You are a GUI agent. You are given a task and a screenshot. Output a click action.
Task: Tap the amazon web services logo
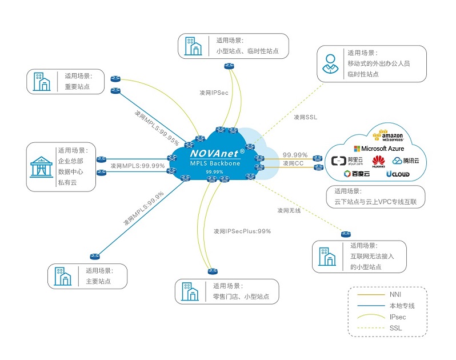[x=388, y=135]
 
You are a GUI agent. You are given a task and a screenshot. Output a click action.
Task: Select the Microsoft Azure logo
[x=379, y=149]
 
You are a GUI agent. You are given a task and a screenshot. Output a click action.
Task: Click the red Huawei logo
[x=378, y=161]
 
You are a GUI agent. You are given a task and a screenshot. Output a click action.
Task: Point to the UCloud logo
[x=398, y=174]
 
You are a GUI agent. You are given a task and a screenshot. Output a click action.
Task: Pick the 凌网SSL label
[x=305, y=117]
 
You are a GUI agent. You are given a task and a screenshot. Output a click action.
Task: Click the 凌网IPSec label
[x=214, y=93]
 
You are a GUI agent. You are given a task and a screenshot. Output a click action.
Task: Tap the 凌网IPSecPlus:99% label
[x=242, y=231]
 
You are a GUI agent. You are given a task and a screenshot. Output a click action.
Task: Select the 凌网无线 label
[x=289, y=210]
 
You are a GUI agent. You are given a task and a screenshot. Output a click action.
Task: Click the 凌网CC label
[x=293, y=163]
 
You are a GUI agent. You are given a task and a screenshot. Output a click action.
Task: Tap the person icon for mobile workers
[x=330, y=63]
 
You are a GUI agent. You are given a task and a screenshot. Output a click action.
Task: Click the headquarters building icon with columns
[x=41, y=167]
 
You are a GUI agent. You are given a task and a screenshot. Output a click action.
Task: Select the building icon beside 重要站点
[x=42, y=82]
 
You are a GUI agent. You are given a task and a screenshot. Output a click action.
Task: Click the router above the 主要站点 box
[x=95, y=257]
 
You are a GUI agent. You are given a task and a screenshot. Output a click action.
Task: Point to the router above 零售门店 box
[x=213, y=271]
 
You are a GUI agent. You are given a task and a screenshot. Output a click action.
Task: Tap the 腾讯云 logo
[x=406, y=161]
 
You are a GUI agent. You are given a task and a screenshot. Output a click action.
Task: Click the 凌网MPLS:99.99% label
[x=138, y=166]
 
